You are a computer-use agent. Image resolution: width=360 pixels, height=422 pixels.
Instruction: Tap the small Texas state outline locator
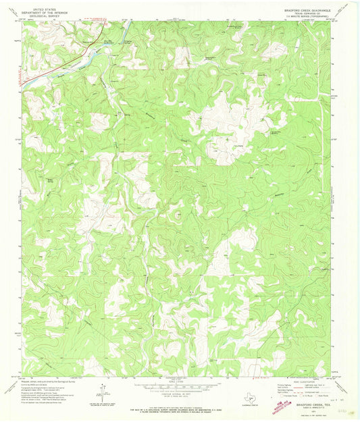click(x=242, y=398)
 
